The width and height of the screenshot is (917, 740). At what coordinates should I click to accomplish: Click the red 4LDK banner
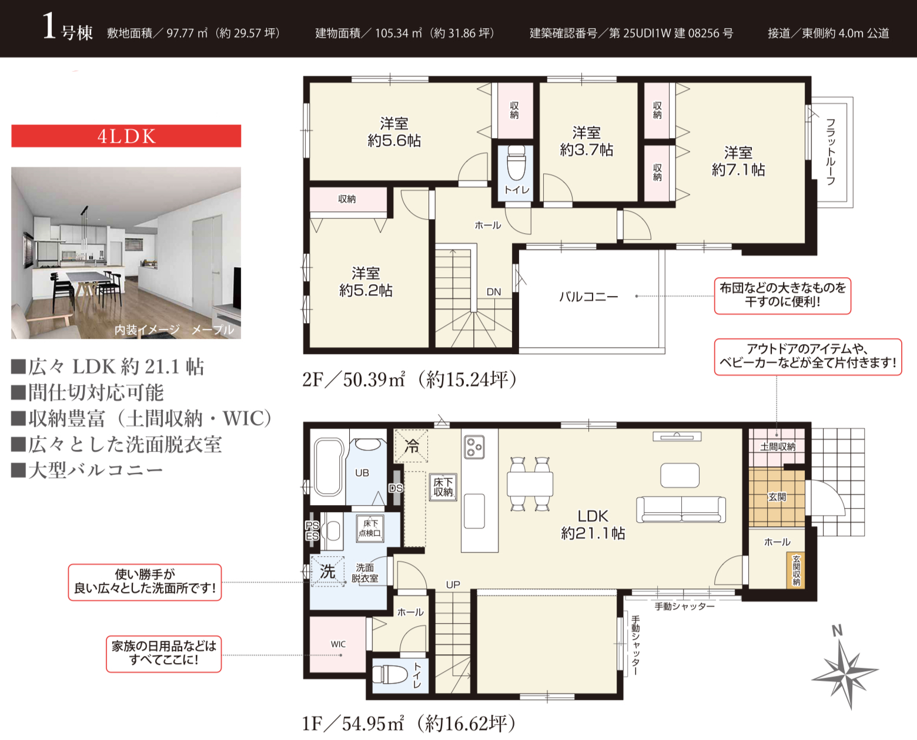(x=126, y=136)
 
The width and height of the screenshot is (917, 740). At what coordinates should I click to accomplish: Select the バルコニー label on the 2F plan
(x=588, y=297)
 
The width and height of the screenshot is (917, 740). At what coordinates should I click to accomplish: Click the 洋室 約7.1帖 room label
(x=738, y=162)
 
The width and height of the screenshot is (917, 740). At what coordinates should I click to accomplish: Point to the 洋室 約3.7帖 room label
(x=587, y=141)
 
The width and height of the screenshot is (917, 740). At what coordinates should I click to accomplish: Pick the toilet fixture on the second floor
(x=516, y=163)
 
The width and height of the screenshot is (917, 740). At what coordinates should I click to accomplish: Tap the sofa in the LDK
(x=681, y=509)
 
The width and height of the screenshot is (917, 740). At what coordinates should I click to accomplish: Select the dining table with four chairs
(x=530, y=484)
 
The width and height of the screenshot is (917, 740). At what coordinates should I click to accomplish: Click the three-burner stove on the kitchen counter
(x=474, y=447)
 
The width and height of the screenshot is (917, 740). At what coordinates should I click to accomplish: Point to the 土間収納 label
(x=778, y=447)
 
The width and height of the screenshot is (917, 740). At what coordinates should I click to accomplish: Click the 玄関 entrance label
(x=777, y=497)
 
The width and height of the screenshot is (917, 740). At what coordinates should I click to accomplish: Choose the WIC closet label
(x=338, y=644)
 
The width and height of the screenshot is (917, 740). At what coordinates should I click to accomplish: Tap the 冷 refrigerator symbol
(x=411, y=446)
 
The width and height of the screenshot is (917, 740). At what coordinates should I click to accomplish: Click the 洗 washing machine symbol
(x=327, y=571)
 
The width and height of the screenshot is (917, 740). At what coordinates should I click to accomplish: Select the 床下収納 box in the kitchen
(x=443, y=487)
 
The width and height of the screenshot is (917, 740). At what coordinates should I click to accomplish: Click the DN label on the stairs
(x=493, y=292)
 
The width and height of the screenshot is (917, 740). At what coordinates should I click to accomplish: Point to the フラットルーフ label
(x=831, y=152)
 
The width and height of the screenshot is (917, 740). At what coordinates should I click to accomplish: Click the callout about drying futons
(x=782, y=295)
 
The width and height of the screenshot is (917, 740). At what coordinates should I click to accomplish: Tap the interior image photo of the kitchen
(x=126, y=253)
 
